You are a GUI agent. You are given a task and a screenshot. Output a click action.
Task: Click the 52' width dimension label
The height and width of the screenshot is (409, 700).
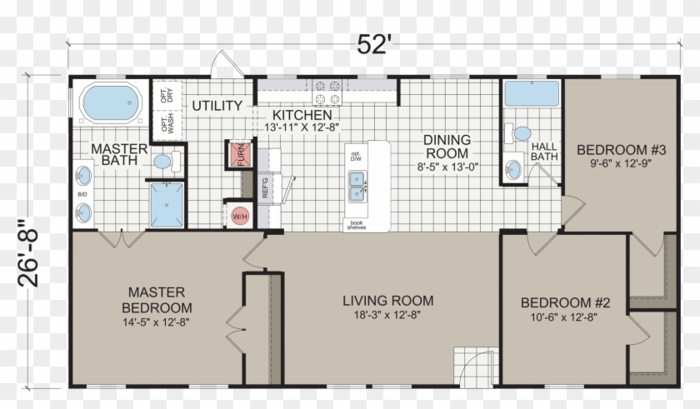(374, 44)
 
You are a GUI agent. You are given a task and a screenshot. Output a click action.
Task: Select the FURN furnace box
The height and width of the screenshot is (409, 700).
(241, 155)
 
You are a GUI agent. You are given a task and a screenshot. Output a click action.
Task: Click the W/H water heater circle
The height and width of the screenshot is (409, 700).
(240, 217)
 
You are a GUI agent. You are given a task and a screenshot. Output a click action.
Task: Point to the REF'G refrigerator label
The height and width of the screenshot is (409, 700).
(265, 187)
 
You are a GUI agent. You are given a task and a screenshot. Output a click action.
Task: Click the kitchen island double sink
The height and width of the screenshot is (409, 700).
(357, 187)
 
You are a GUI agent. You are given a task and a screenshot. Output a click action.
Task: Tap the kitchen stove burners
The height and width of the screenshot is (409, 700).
(327, 92)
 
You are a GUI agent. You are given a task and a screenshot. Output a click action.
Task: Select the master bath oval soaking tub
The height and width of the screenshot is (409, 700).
(111, 102)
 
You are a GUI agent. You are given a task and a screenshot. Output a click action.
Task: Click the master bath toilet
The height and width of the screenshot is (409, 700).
(167, 162)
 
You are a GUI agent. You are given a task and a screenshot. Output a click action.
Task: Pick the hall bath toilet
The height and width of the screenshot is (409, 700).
(517, 133)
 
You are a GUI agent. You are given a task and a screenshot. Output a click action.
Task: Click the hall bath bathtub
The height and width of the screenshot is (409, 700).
(532, 93)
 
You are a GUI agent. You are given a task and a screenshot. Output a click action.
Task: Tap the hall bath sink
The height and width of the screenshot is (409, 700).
(513, 169)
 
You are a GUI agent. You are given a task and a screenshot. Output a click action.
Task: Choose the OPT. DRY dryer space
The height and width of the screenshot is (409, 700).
(167, 95)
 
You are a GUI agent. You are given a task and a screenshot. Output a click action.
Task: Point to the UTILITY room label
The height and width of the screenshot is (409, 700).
(217, 106)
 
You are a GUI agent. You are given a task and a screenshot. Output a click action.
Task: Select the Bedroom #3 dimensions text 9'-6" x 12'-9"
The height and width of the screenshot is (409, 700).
(621, 163)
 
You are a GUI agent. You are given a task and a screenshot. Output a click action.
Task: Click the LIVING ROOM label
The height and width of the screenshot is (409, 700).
(388, 301)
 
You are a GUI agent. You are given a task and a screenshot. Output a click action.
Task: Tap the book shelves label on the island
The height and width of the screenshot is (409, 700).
(357, 225)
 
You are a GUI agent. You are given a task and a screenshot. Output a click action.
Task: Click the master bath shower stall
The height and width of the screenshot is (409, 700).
(167, 205)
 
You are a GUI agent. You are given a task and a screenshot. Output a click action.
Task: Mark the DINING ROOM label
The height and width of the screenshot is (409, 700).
(447, 147)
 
